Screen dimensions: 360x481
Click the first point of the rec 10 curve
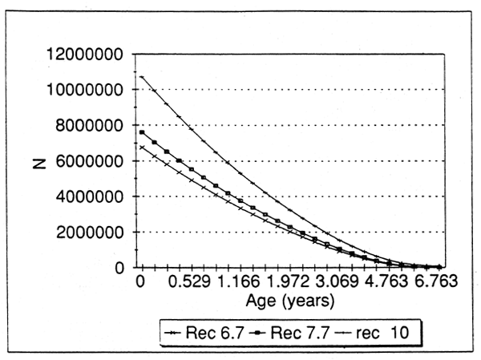141,77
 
